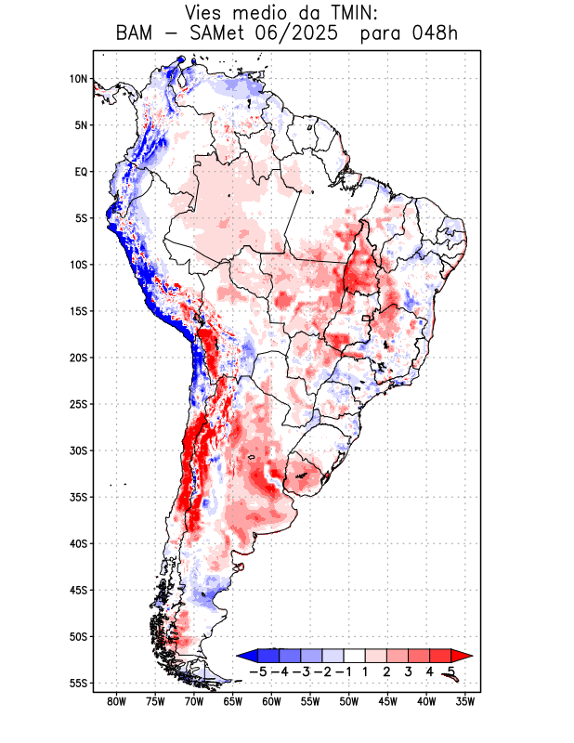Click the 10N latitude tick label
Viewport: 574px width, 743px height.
(78, 79)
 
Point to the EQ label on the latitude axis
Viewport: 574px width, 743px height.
(80, 172)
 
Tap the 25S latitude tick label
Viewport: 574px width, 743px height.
(78, 404)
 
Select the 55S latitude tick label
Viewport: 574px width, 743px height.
(78, 683)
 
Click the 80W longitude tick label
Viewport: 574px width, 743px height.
(116, 701)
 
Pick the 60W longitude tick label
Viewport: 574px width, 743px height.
(271, 701)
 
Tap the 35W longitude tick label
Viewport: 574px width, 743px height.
(465, 701)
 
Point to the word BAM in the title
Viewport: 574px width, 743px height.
(137, 34)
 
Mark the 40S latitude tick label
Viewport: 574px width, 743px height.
(78, 543)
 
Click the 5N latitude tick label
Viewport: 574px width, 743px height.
(81, 125)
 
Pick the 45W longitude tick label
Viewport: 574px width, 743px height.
(387, 701)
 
